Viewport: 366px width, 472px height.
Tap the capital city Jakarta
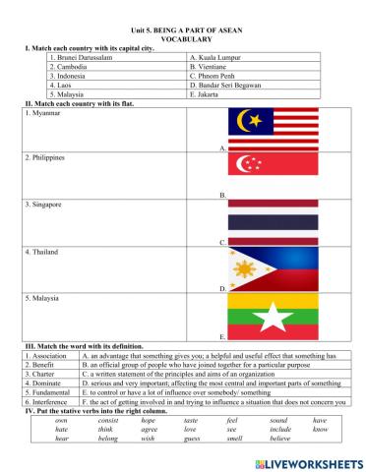click(206, 96)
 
